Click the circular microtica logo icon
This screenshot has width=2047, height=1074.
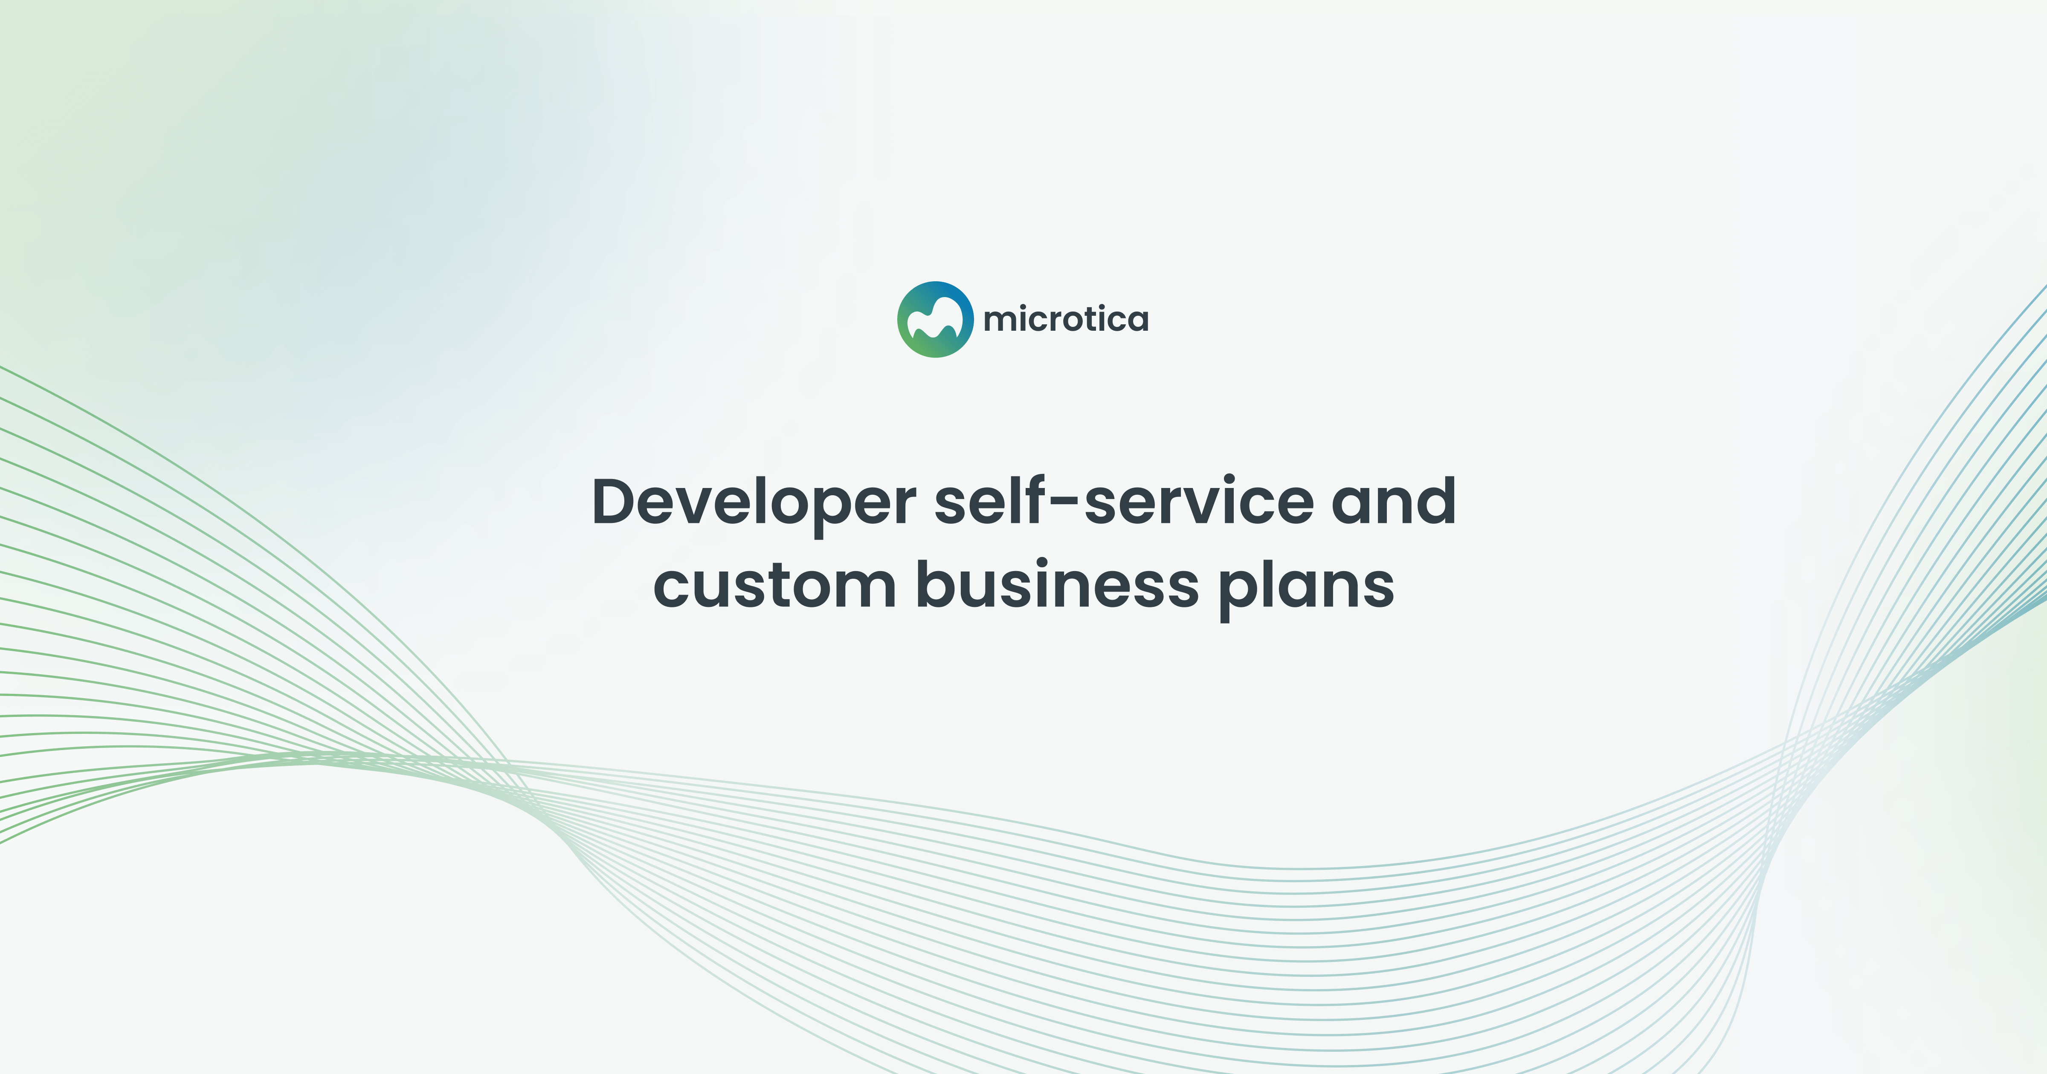coord(935,319)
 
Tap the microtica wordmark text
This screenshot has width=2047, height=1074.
coord(1066,319)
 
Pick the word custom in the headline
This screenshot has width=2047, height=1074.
coord(775,586)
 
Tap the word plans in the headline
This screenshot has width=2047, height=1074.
coord(1307,586)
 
